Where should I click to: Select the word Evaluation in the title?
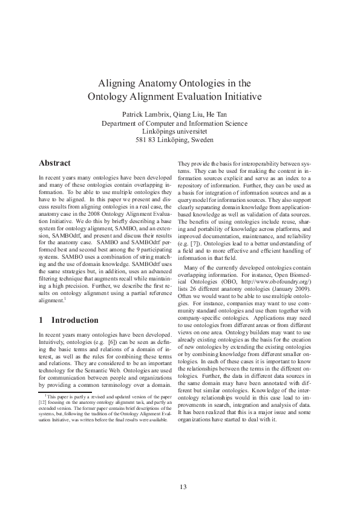pos(203,96)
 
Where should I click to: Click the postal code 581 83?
pos(146,139)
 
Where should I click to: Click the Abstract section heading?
pos(55,163)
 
